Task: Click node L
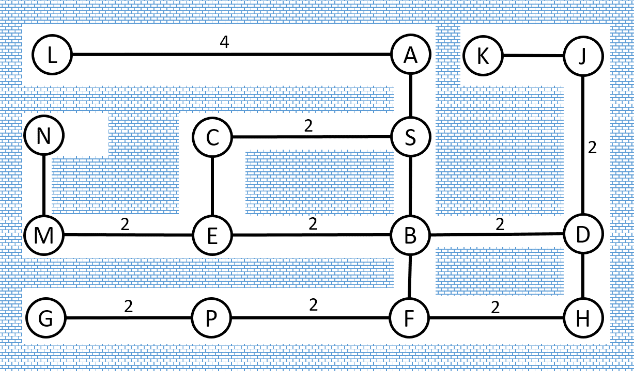point(52,55)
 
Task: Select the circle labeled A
point(411,55)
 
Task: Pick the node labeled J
point(583,56)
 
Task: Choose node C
point(212,137)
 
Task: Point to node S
point(411,137)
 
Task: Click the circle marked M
point(44,235)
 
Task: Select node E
point(212,236)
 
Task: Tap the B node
point(411,236)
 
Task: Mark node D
point(583,234)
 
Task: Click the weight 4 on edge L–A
point(224,42)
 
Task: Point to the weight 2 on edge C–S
point(308,126)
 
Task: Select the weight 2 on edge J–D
point(592,148)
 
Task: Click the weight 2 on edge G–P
point(128,307)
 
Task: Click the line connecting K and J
point(533,55)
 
